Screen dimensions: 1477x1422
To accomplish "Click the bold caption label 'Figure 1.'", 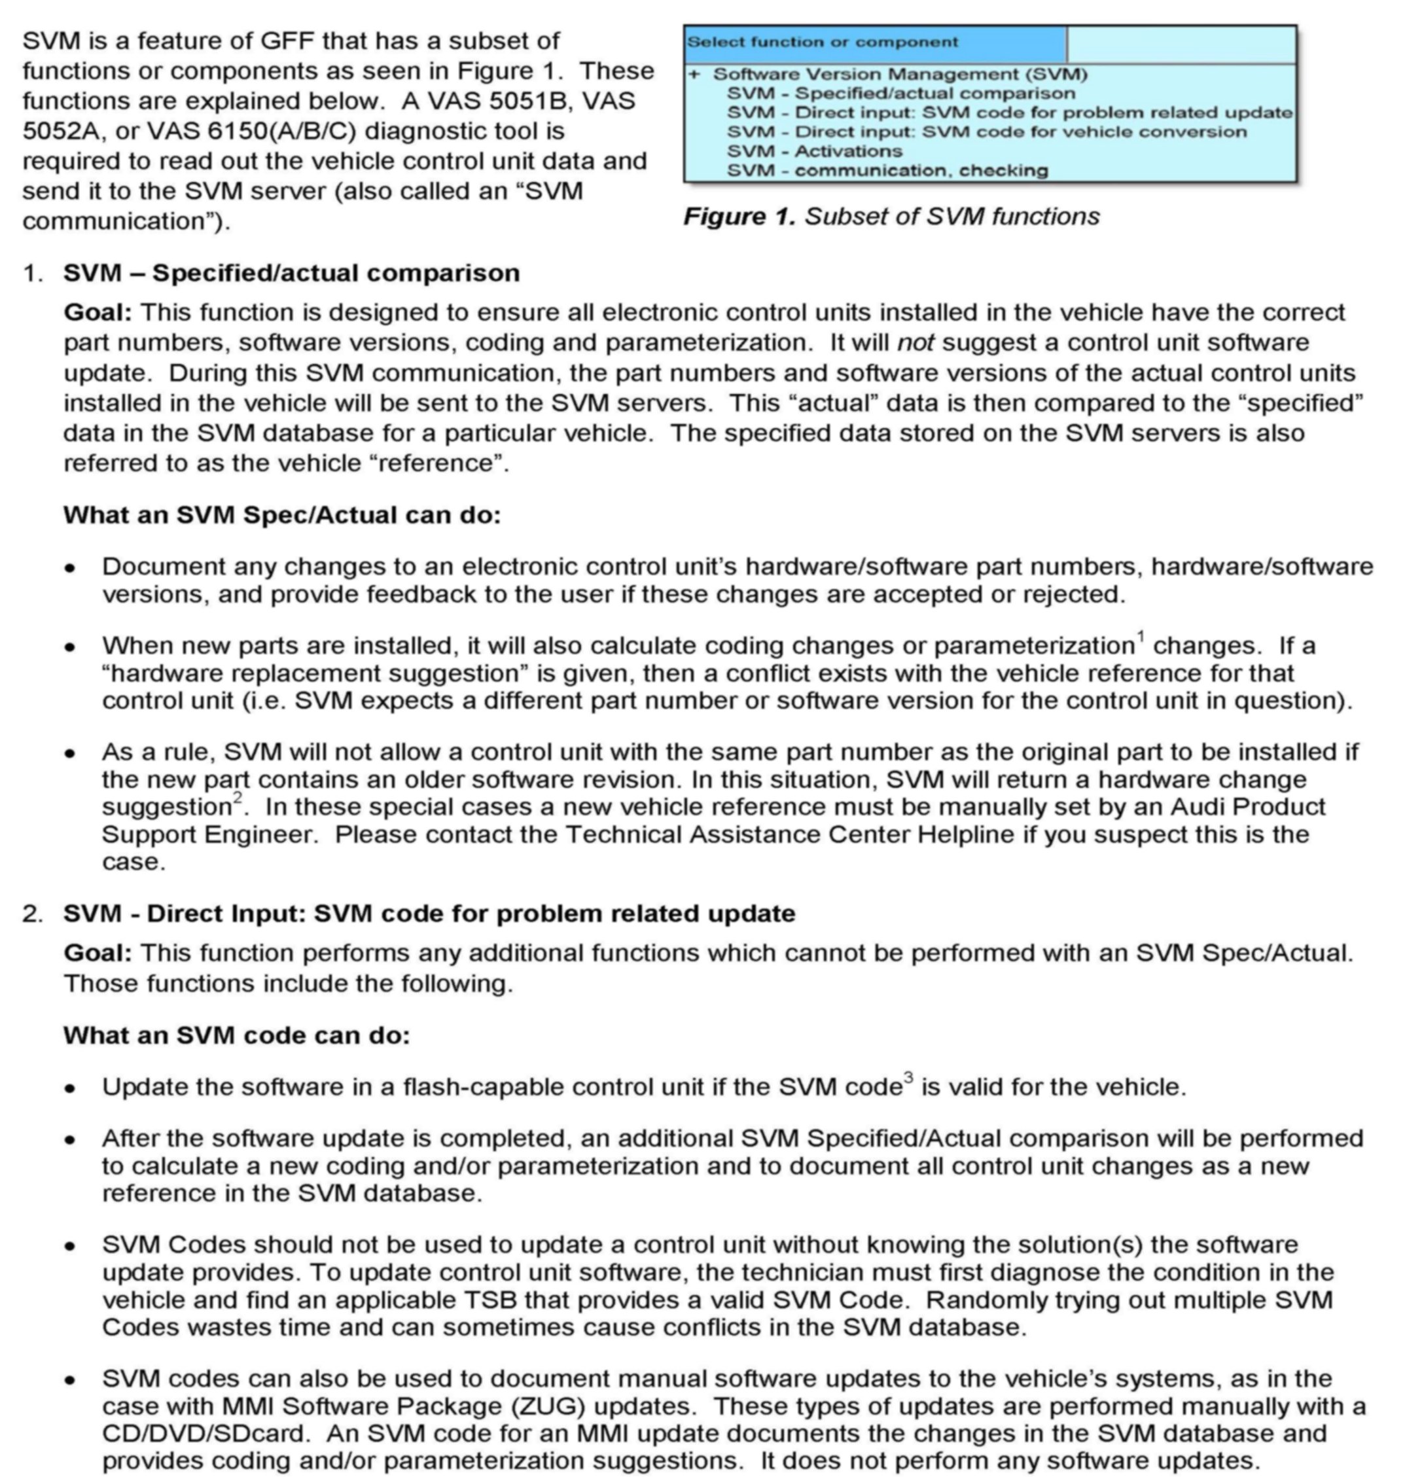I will point(739,217).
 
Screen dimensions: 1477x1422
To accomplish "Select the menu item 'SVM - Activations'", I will point(814,151).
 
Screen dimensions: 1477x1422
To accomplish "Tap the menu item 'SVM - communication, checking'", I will point(887,170).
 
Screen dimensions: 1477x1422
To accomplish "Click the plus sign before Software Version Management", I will point(694,74).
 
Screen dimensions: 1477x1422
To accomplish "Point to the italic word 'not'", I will point(915,343).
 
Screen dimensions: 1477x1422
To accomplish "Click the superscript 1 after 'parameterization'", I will point(1141,637).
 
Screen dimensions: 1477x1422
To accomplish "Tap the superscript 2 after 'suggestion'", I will point(238,797).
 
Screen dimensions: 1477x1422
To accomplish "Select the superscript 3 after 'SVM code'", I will point(908,1078).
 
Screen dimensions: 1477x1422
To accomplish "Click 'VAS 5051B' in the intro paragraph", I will point(561,101).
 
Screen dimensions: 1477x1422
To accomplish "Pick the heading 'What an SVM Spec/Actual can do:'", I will point(282,516).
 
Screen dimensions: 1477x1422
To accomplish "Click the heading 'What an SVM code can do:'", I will point(237,1035).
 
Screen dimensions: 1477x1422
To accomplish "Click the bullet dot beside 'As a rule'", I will point(70,753).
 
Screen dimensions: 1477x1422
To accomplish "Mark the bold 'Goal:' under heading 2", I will point(98,953).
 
